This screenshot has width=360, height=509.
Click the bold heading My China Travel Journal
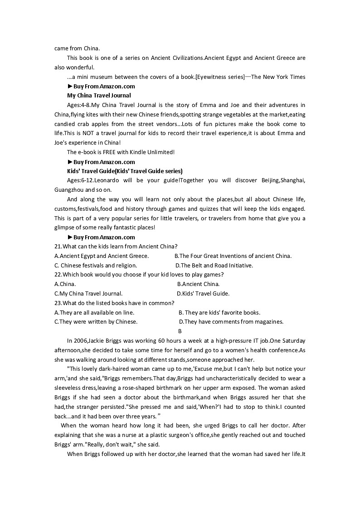(x=99, y=96)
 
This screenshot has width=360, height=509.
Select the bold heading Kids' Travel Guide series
(x=125, y=171)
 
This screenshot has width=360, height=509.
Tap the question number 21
(x=58, y=247)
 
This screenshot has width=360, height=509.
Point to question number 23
(x=58, y=303)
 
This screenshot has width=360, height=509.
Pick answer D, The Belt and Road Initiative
(x=214, y=266)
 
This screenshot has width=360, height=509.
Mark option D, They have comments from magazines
(x=231, y=322)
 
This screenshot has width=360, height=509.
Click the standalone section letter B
(x=180, y=331)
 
